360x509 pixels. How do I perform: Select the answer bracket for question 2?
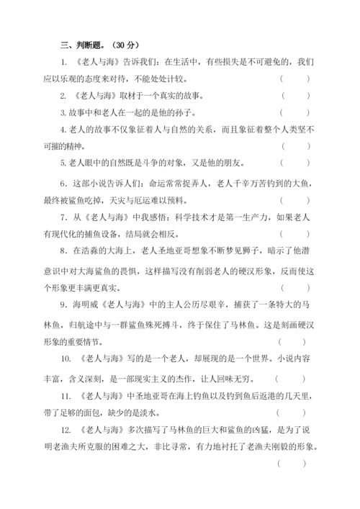(295, 95)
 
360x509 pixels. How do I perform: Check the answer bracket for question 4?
(295, 145)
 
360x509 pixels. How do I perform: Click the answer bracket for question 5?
(295, 163)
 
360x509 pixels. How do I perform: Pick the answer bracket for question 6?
(295, 201)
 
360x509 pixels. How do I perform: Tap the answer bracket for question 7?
(295, 235)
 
